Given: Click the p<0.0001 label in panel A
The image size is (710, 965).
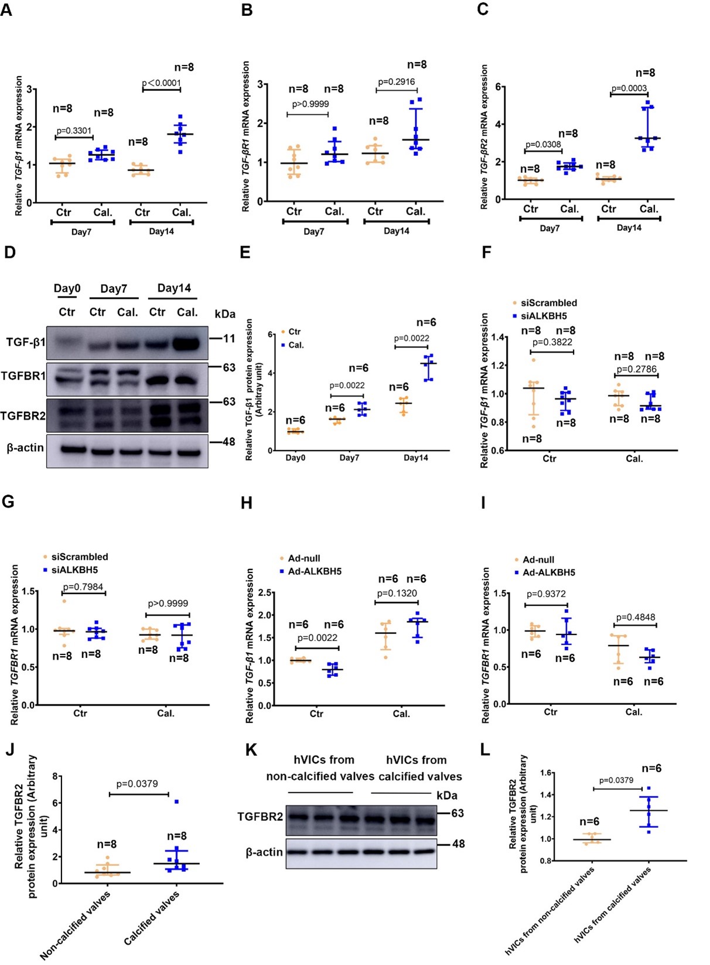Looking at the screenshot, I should click(162, 83).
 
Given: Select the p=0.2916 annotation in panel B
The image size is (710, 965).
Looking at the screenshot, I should click(396, 82).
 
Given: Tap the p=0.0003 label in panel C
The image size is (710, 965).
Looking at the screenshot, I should click(629, 88).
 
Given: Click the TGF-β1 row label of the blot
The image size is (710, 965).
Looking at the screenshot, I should click(25, 342).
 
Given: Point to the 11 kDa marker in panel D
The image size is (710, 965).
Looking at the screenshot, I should click(229, 338).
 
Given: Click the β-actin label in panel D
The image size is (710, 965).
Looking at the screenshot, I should click(25, 448).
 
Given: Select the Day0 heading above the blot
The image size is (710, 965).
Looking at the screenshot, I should click(67, 288).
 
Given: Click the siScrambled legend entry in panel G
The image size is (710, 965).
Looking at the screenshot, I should click(80, 557).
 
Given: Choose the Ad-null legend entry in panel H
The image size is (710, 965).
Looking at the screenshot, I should click(303, 558).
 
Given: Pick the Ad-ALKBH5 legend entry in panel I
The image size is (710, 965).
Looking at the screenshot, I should click(548, 572).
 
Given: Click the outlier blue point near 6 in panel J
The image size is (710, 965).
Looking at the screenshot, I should click(176, 802).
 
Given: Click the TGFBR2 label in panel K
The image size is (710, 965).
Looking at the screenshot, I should click(260, 816).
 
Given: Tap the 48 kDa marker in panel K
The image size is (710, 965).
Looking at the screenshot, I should click(458, 844).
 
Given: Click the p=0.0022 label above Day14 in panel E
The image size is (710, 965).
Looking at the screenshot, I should click(411, 338).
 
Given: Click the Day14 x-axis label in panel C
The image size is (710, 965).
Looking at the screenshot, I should click(629, 228).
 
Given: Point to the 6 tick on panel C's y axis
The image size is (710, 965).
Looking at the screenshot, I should click(499, 87).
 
